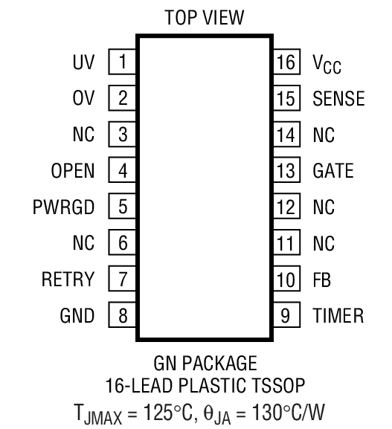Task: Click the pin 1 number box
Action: pyautogui.click(x=123, y=62)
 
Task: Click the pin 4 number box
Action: pyautogui.click(x=123, y=171)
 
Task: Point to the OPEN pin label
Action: pyautogui.click(x=73, y=171)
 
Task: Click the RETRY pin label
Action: pyautogui.click(x=68, y=280)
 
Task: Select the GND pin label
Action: pyautogui.click(x=78, y=316)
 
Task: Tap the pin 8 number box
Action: pyautogui.click(x=123, y=316)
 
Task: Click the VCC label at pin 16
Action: pyautogui.click(x=328, y=64)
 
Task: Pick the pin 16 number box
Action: pyautogui.click(x=286, y=62)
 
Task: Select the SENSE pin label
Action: pyautogui.click(x=338, y=99)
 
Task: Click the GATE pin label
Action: pyautogui.click(x=333, y=171)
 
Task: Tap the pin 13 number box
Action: pyautogui.click(x=286, y=171)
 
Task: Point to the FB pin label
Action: pyautogui.click(x=322, y=280)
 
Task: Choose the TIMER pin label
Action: pyautogui.click(x=338, y=316)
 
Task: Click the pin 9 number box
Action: pyautogui.click(x=286, y=316)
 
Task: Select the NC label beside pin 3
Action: pyautogui.click(x=84, y=135)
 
